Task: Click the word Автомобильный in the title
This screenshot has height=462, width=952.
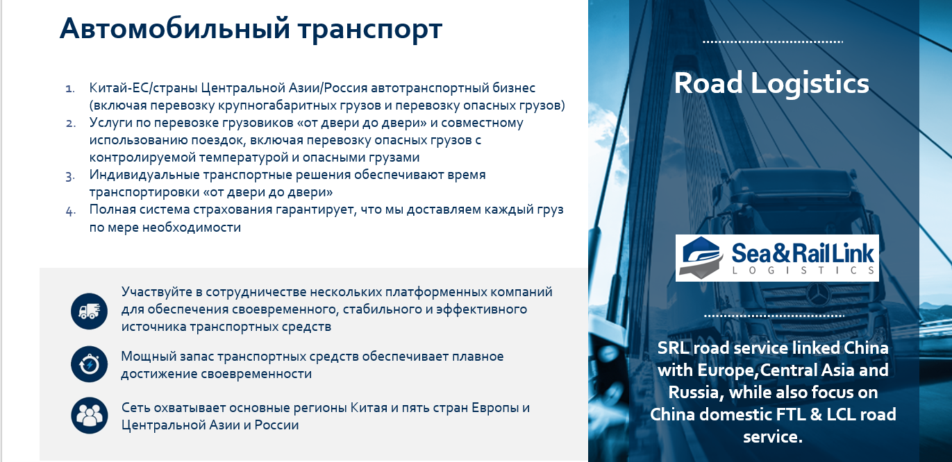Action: tap(175, 29)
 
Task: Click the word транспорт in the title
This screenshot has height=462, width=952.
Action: tap(370, 31)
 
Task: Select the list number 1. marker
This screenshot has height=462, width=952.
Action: tap(70, 89)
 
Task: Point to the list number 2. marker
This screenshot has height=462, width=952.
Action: tap(71, 123)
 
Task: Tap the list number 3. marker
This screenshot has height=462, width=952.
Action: tap(71, 176)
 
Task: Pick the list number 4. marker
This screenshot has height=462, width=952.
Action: tap(71, 211)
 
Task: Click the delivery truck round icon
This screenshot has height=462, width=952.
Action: tap(90, 311)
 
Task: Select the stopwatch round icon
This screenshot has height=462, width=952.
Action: tap(90, 364)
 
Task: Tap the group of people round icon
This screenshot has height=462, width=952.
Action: tap(90, 416)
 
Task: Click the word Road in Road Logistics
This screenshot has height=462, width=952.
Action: tap(708, 83)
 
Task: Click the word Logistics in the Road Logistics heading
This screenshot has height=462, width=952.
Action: tap(810, 84)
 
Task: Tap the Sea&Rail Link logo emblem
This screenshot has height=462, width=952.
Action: tap(701, 257)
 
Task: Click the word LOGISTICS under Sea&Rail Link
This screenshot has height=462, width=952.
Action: tap(803, 271)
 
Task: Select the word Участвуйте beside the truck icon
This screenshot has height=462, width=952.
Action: tap(156, 292)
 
